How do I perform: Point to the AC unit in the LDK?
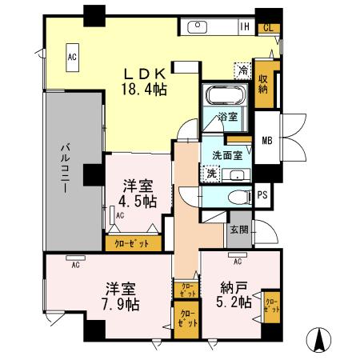(x=72, y=57)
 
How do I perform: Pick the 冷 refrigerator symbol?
(x=240, y=70)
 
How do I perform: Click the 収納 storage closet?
(x=263, y=82)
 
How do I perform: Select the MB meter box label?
(x=266, y=142)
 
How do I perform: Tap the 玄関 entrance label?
(x=239, y=230)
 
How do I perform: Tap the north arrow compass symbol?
(x=322, y=340)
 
